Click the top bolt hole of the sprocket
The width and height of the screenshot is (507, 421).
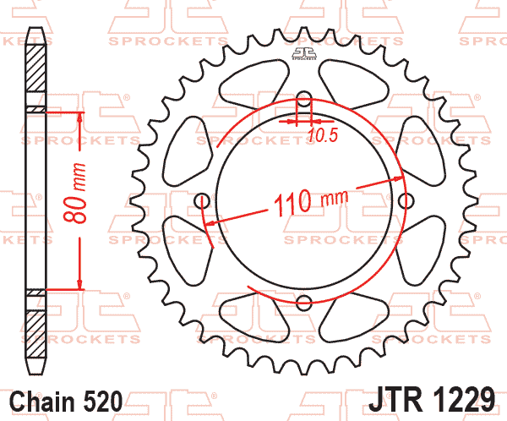tap(303, 99)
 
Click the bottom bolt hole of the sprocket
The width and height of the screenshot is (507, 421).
tap(304, 303)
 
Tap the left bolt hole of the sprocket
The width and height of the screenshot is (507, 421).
tap(203, 201)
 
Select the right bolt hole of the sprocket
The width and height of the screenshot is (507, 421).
tap(406, 201)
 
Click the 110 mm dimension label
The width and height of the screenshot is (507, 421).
tap(311, 202)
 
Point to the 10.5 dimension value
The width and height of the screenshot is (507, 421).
tap(323, 135)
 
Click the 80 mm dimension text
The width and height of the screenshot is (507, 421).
tap(75, 193)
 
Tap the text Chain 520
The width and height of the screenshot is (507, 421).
tap(66, 402)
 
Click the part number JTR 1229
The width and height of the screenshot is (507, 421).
tap(432, 399)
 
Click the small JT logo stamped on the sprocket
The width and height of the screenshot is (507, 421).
tap(304, 54)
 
